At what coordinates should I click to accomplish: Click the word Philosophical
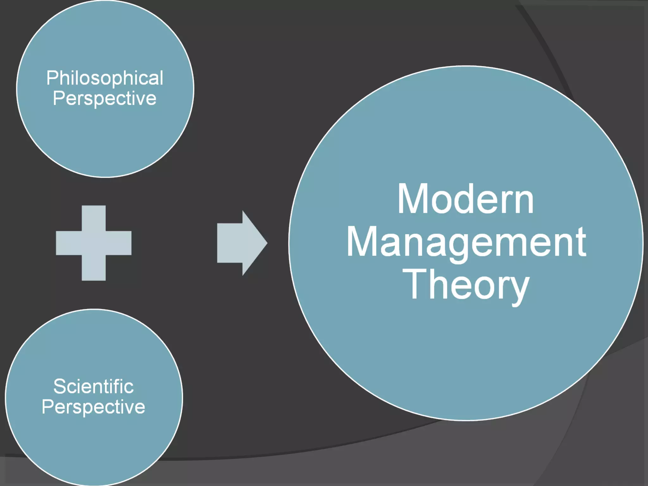coord(105,78)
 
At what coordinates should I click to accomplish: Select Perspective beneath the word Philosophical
coord(104,98)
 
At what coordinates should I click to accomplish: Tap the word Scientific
coord(93,386)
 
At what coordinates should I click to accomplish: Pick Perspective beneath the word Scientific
coord(93,407)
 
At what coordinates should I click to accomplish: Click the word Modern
coord(465,199)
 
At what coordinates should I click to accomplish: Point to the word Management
coord(466,242)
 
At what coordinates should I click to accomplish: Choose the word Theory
coord(465,285)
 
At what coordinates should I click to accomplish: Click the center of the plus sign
coord(94,243)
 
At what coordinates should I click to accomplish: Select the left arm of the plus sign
coord(68,243)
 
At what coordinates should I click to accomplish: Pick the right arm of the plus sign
coord(119,243)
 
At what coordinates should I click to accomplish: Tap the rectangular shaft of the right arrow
coord(230,243)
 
